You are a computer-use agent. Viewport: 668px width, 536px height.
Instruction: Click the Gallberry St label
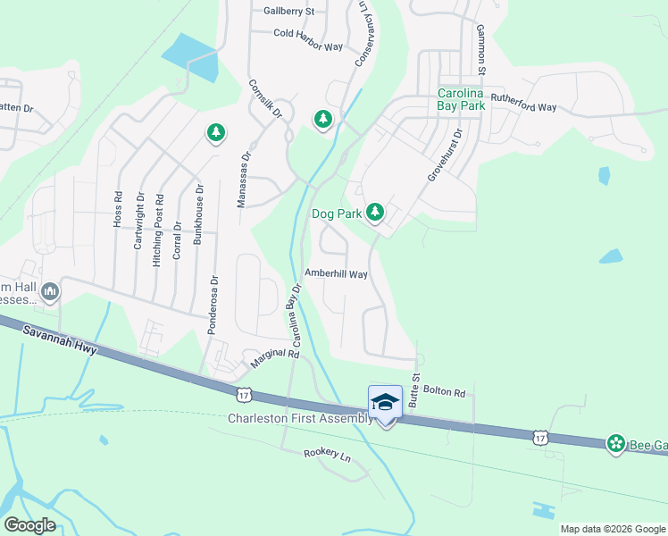coord(289,12)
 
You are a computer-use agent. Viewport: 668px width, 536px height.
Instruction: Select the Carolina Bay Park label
coord(461,99)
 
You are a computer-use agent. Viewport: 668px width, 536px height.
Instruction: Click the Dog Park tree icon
coord(376,213)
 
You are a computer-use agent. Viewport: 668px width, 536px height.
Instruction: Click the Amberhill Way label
coord(336,274)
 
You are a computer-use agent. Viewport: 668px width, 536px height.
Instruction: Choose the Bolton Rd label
coord(445,393)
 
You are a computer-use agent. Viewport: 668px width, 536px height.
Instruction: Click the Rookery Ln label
coord(327,454)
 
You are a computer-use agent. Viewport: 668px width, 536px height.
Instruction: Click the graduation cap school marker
coord(385,403)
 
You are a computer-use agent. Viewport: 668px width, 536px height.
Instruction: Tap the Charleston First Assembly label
coord(299,418)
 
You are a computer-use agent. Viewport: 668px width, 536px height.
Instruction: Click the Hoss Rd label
coord(117,208)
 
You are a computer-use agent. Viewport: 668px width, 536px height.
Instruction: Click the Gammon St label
coord(480,49)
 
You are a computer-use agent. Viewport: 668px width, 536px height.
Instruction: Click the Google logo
coord(30,524)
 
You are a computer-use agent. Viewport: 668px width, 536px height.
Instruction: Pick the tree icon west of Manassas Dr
coord(215,133)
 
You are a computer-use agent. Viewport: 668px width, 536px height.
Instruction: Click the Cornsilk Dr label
coord(265,99)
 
